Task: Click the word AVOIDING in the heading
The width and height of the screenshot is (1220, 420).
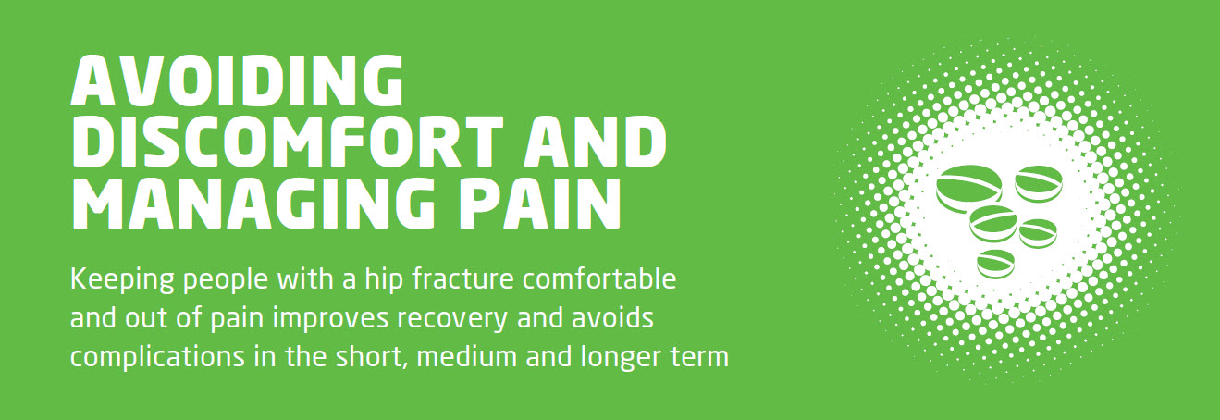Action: pyautogui.click(x=238, y=80)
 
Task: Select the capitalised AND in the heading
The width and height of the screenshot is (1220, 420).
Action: pyautogui.click(x=596, y=142)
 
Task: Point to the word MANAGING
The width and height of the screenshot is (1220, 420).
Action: pyautogui.click(x=253, y=203)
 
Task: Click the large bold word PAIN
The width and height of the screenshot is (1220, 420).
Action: pyautogui.click(x=539, y=203)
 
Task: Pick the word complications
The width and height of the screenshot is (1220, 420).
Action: pyautogui.click(x=158, y=358)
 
